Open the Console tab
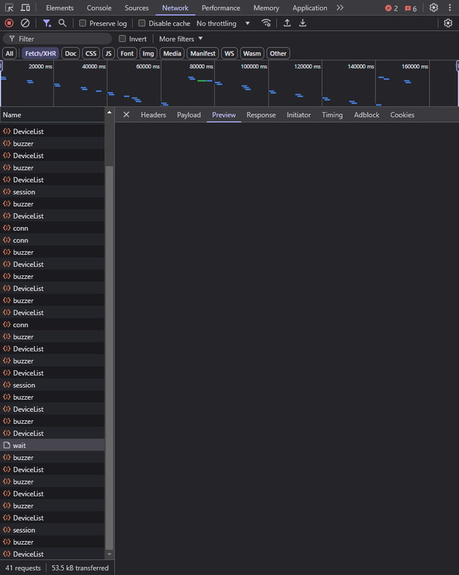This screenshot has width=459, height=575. coord(99,8)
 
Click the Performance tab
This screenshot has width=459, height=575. coord(221,8)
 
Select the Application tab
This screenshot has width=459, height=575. coord(310,8)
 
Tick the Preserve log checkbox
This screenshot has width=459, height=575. coord(83,23)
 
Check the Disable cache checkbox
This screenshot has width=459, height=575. coord(142,23)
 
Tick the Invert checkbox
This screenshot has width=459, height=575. coord(122,39)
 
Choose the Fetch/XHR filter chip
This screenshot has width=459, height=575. coord(40,53)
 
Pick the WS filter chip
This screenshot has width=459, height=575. coord(229,53)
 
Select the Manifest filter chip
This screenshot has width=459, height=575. coord(203,53)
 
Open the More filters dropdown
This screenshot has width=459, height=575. coord(181,39)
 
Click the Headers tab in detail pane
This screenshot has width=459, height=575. coord(153,115)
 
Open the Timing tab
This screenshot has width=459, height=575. coord(332,115)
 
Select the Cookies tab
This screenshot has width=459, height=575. coord(402,115)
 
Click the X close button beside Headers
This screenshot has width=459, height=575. coord(126,114)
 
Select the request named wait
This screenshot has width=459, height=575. coord(19,445)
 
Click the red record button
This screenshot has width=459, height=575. coord(9,23)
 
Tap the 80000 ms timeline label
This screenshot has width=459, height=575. coord(201,66)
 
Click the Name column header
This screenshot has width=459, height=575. coord(12,115)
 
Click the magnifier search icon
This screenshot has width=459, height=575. coord(62,23)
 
